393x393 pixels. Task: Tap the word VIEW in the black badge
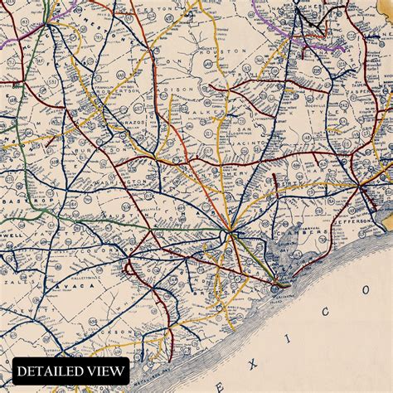click(x=106, y=371)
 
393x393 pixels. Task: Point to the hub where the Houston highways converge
click(x=230, y=230)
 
